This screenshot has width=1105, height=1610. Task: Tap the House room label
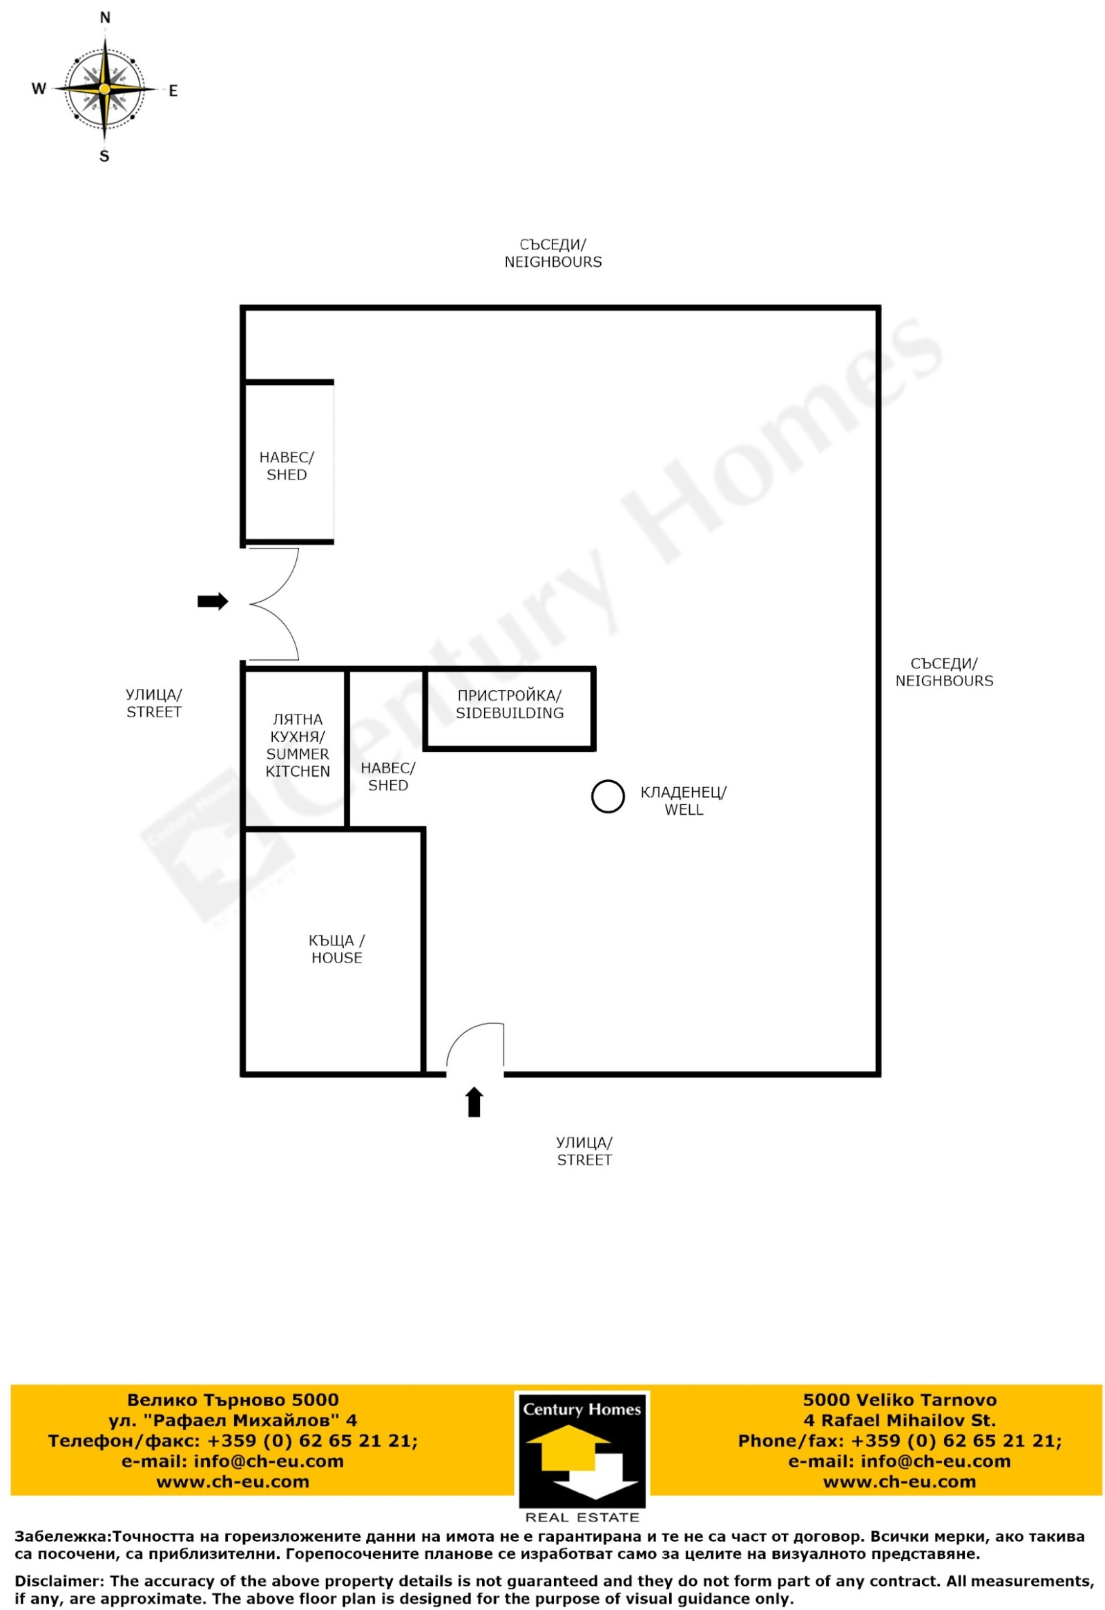point(336,949)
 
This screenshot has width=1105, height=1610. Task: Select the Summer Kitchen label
point(298,745)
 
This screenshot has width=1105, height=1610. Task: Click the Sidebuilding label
point(510,704)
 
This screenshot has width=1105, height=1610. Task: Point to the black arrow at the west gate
point(213,601)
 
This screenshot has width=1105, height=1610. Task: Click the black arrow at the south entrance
point(474,1102)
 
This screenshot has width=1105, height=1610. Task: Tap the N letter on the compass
point(105,18)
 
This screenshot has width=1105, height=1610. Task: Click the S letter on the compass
point(104,157)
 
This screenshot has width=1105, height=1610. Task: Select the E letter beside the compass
point(173,91)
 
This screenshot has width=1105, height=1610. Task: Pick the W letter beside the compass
point(39,88)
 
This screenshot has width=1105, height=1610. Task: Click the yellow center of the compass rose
point(104,88)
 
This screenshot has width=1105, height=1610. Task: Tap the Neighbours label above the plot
point(553,253)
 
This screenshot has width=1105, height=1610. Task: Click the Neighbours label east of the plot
point(944,672)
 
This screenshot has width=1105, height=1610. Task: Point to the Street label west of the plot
point(154,703)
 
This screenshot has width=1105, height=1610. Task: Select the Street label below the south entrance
point(584,1151)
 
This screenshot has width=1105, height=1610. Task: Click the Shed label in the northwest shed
point(287,466)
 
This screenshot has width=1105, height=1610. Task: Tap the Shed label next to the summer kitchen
point(387,777)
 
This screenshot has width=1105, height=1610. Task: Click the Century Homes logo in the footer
point(582,1458)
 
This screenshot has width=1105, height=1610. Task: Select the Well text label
point(683,801)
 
